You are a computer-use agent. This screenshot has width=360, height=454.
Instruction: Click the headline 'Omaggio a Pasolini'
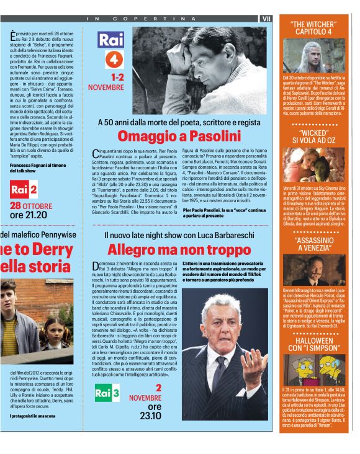(179, 136)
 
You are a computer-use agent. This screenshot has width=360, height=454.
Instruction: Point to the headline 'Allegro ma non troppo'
(179, 250)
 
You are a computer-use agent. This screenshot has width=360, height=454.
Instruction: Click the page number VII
(266, 19)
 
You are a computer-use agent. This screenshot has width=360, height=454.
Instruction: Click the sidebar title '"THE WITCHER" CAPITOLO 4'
(315, 28)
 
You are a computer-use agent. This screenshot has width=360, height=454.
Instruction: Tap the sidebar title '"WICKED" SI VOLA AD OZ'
(315, 138)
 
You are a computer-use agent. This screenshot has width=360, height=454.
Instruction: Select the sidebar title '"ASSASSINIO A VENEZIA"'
(315, 244)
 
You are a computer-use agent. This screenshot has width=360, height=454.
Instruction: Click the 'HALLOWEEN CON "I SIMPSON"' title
(315, 345)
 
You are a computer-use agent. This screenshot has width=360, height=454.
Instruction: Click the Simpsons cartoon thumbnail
(315, 370)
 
